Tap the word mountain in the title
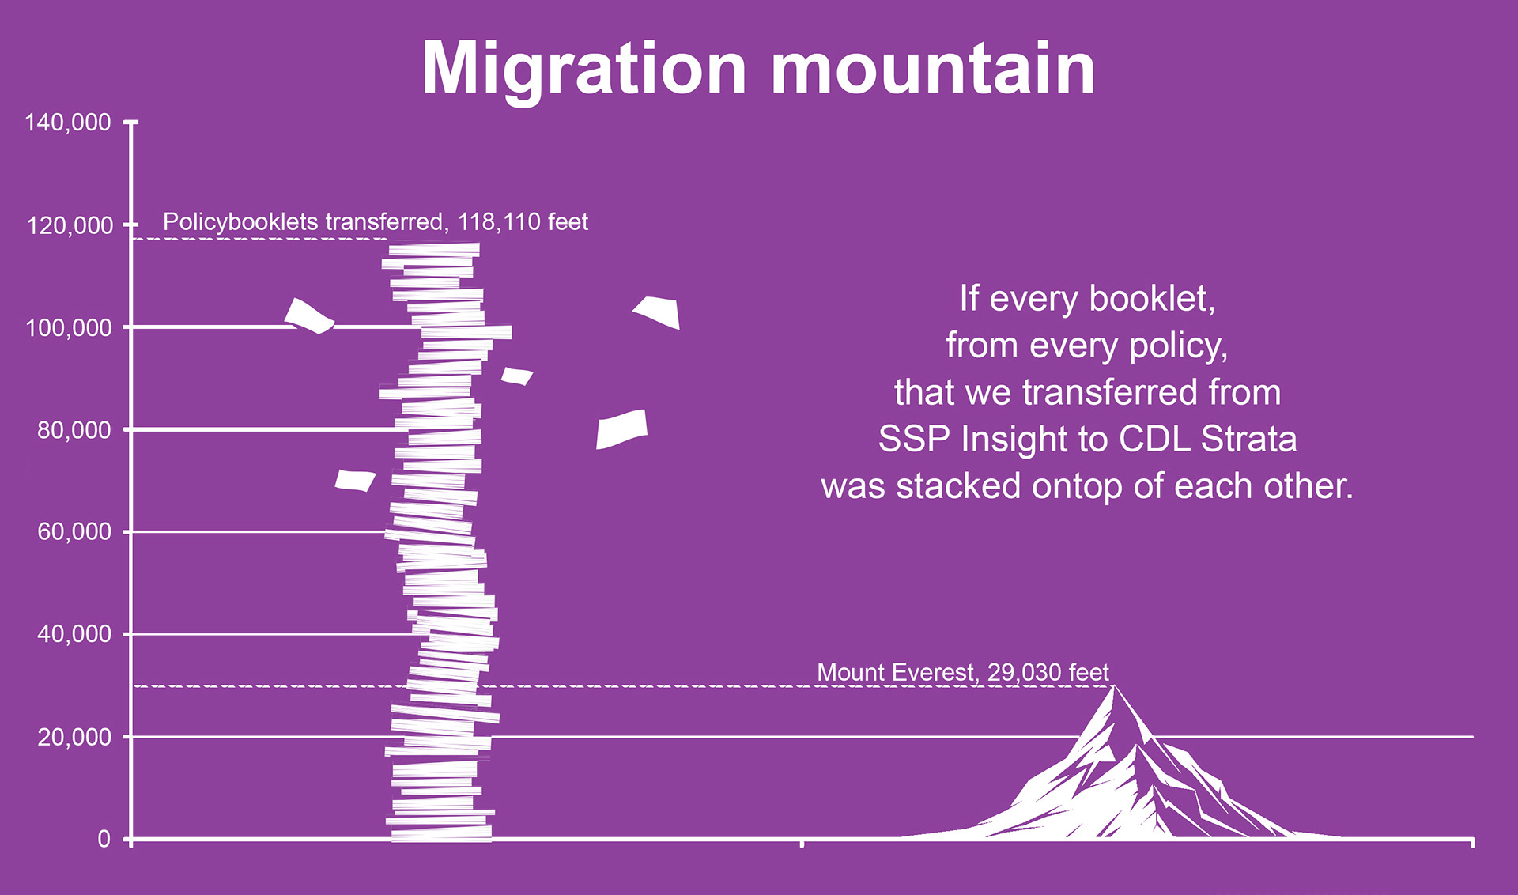click(x=933, y=69)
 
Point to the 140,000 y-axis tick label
click(x=68, y=123)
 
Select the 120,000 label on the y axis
click(x=70, y=226)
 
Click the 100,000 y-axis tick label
click(x=69, y=328)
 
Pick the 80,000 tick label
click(x=74, y=430)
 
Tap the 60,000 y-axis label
click(x=74, y=532)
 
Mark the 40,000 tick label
click(x=74, y=634)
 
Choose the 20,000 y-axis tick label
click(x=74, y=737)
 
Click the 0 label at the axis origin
click(x=104, y=839)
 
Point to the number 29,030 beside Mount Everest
click(x=1024, y=673)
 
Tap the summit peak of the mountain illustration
click(x=1114, y=686)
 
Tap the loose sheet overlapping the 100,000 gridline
click(x=309, y=316)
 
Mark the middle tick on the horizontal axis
click(x=802, y=843)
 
